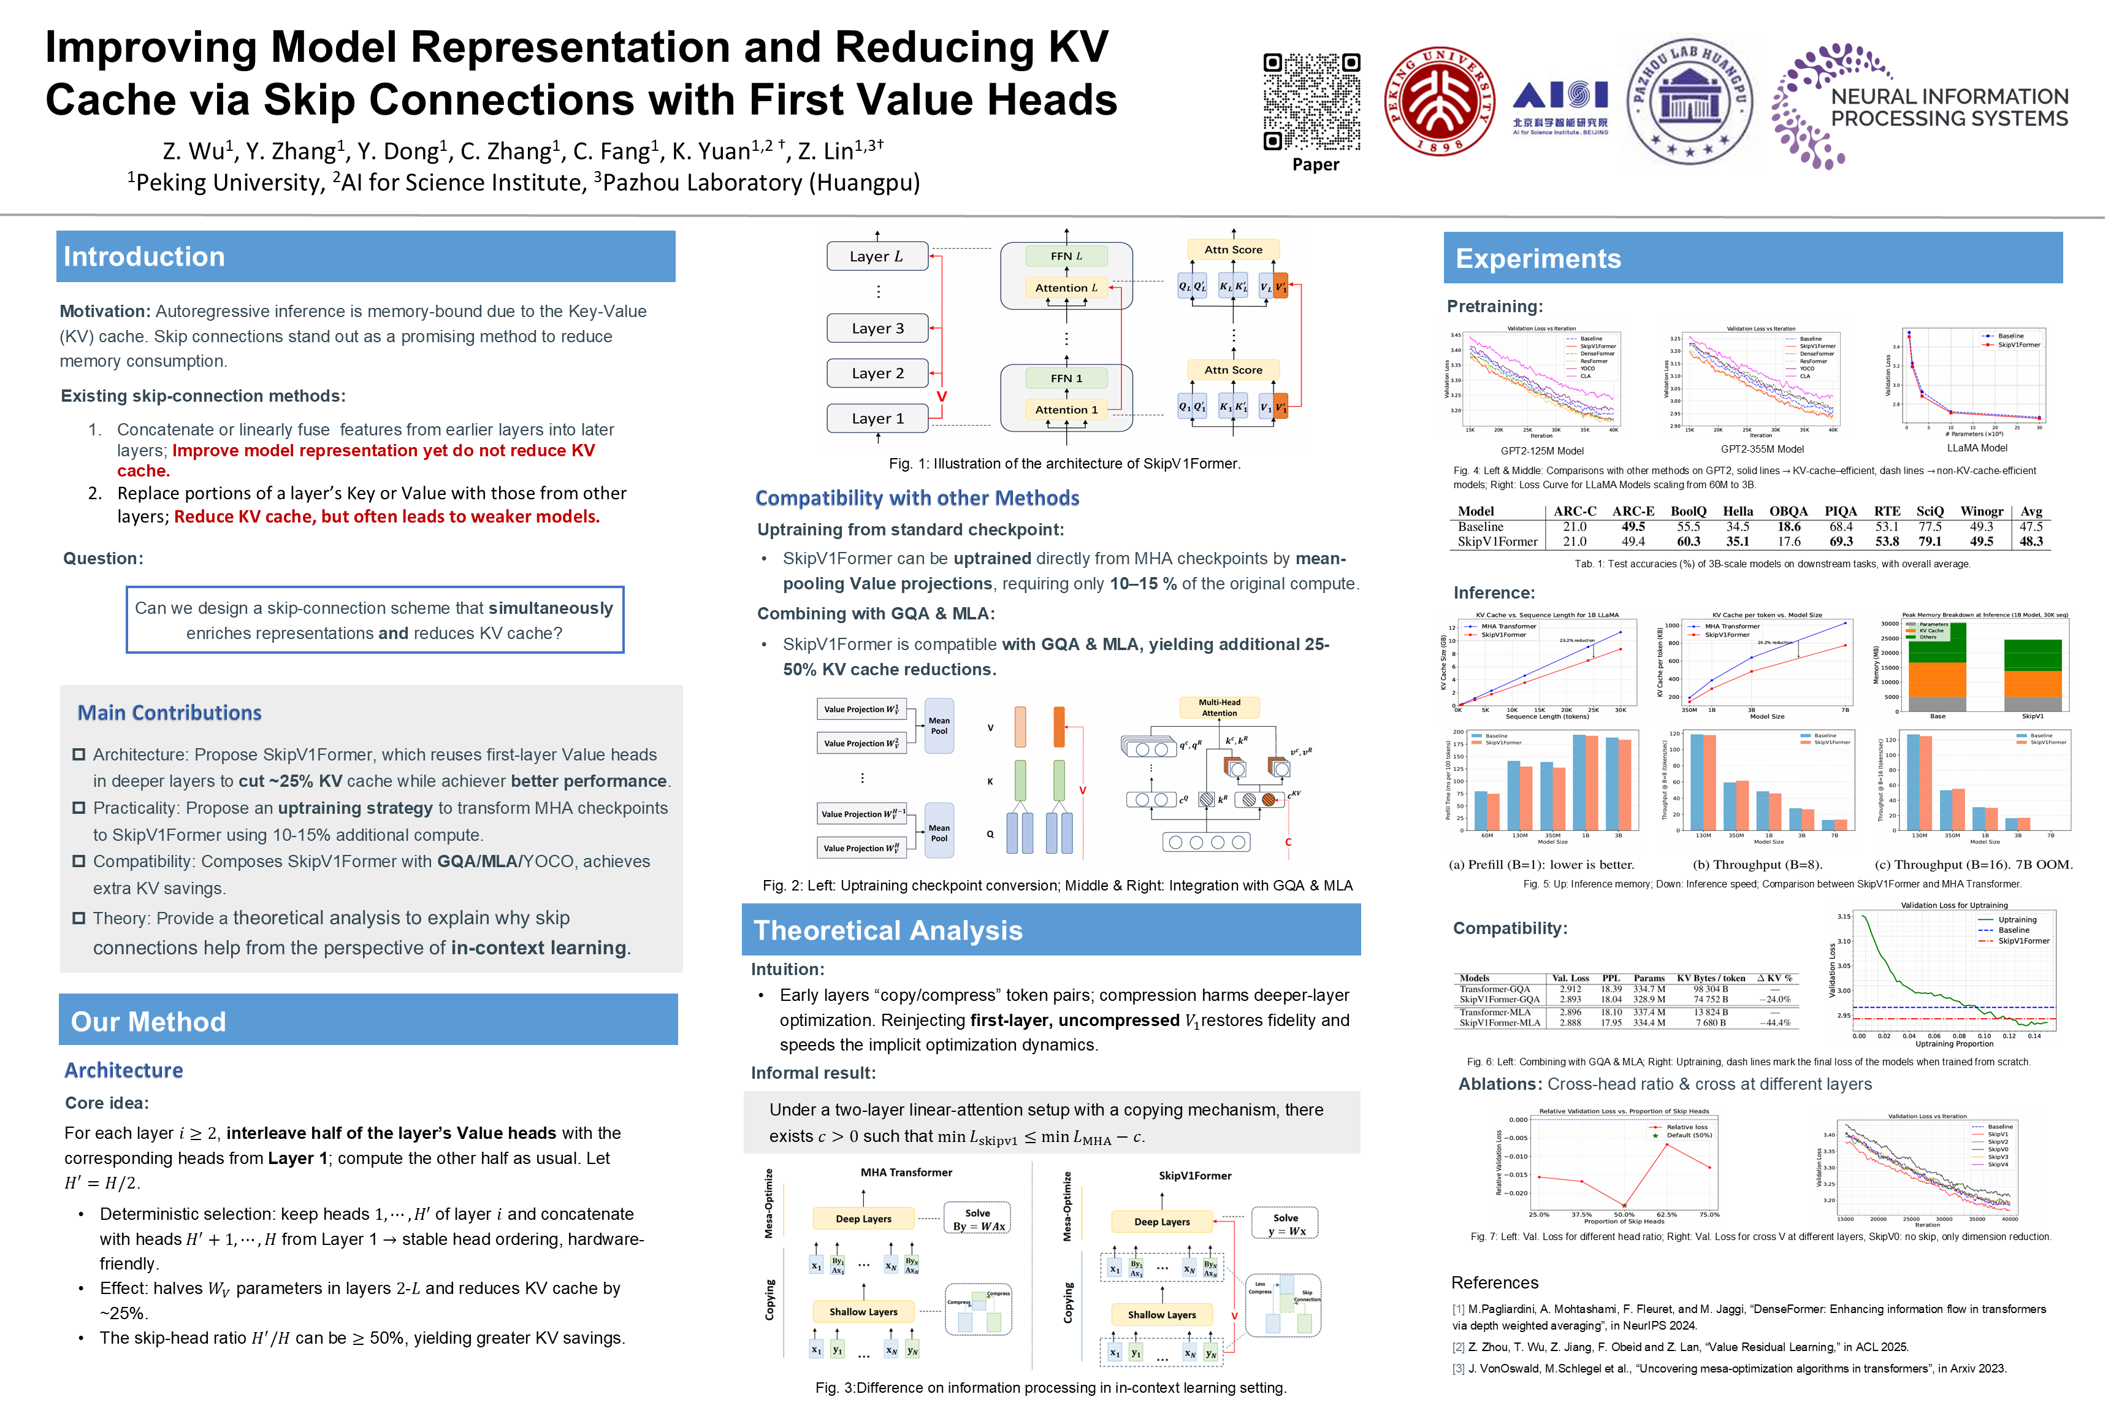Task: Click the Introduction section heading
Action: click(x=144, y=257)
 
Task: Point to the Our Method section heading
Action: click(x=148, y=1022)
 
